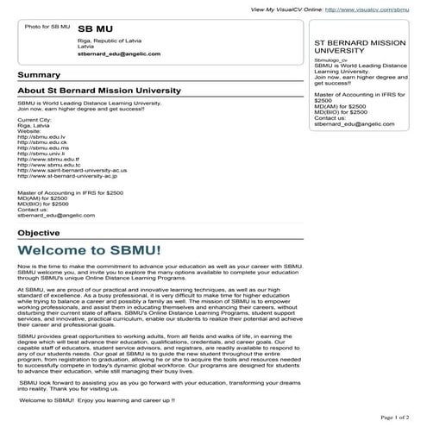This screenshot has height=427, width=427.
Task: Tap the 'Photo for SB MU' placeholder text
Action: click(x=41, y=28)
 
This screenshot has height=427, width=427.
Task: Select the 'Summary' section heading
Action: click(x=38, y=75)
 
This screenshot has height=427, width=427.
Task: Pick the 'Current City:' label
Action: click(x=35, y=120)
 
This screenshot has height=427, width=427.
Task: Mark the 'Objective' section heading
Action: click(x=39, y=233)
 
